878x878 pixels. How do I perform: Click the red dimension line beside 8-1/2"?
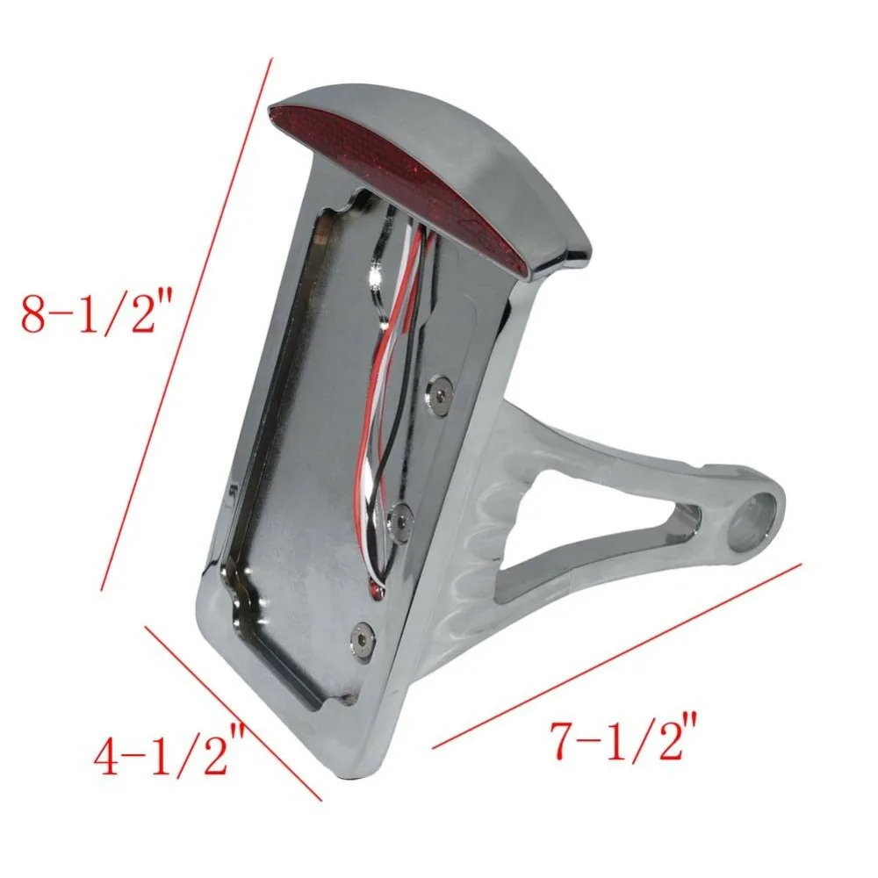click(x=186, y=324)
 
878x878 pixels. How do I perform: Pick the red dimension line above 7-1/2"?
click(x=617, y=656)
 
